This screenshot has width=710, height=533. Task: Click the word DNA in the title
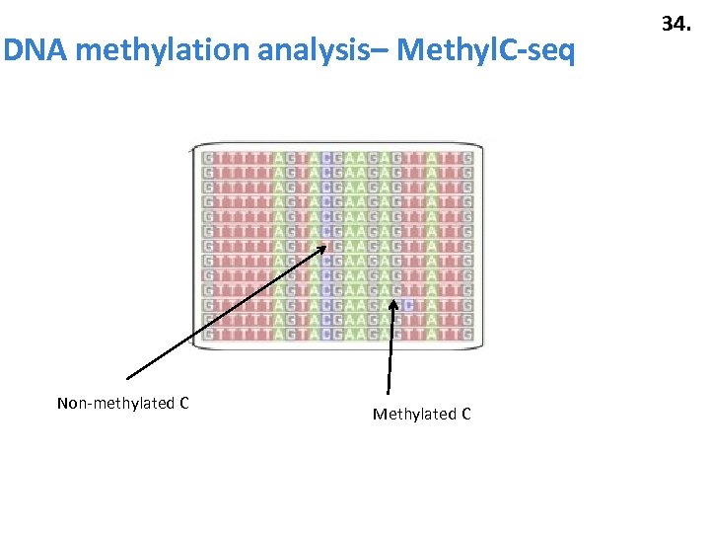(35, 50)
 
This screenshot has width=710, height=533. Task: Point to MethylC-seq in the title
(485, 50)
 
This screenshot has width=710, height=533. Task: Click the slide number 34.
(675, 23)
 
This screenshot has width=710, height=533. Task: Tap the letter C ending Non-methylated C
(184, 403)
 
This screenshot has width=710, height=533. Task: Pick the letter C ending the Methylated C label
(465, 414)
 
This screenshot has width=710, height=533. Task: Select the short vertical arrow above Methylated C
(390, 345)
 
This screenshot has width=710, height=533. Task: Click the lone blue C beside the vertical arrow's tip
(406, 305)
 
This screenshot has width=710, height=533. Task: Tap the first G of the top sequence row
(208, 158)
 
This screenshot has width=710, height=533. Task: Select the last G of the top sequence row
(466, 158)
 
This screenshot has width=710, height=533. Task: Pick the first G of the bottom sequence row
(208, 335)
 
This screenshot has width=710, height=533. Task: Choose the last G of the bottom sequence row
(466, 335)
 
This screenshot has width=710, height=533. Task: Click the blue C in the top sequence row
(326, 158)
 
